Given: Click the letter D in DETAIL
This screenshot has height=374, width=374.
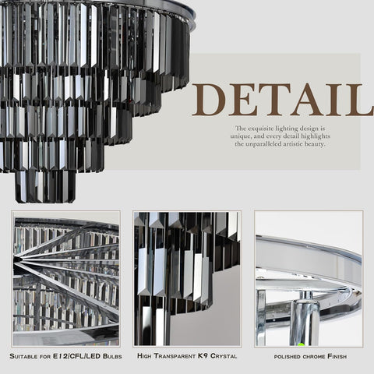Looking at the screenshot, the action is pos(210,100).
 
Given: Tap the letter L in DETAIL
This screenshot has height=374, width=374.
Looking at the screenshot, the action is pos(361,100).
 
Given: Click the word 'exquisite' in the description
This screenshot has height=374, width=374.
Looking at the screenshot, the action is pos(260,129).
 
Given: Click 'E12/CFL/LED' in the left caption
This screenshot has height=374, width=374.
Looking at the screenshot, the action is pos(76,356).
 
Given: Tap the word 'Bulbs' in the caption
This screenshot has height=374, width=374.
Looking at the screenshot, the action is pos(112,356).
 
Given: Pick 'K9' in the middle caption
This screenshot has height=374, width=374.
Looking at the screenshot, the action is pos(203,355).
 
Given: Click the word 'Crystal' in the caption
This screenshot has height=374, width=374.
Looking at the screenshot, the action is pos(224,355).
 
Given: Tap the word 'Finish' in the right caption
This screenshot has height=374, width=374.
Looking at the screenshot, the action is pos(337,356).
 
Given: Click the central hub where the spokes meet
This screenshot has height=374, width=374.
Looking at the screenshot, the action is pos(16,259).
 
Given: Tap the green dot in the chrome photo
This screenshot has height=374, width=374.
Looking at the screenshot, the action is pos(301,344).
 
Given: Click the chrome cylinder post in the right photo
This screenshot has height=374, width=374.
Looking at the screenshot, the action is pos(305,319).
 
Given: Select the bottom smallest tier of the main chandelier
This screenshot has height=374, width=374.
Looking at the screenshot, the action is pos(45,186).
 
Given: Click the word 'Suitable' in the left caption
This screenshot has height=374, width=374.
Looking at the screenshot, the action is pos(23,356).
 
